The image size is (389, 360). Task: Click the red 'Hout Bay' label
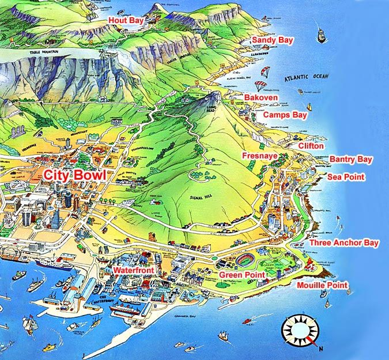point(126,20)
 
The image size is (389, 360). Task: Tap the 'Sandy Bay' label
point(273,40)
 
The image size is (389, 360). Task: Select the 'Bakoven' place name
point(260,98)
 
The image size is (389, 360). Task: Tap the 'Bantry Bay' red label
point(350,159)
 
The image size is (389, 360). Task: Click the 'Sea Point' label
point(346,177)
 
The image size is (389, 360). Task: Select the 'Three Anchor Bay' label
point(344,243)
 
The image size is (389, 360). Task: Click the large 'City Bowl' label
point(74,175)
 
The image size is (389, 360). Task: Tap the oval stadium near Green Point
point(249,260)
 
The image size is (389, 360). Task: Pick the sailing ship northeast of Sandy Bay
point(320,34)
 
